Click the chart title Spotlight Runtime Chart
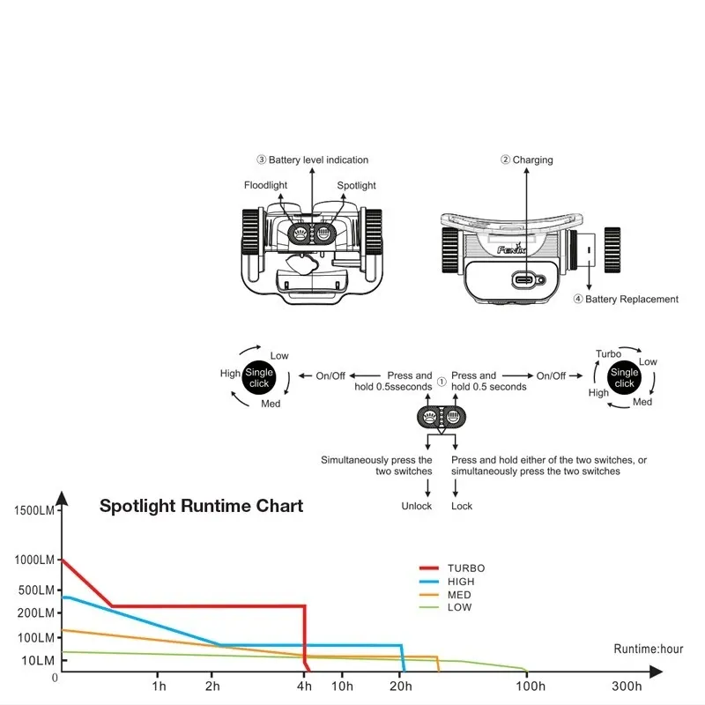(201, 506)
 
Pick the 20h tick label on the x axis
(399, 686)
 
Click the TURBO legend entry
(465, 568)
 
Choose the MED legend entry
(459, 595)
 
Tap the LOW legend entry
(459, 607)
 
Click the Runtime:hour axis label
(649, 649)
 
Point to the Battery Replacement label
(632, 299)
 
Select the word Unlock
(417, 507)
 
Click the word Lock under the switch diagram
(462, 507)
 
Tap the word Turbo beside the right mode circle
(608, 354)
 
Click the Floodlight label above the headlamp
(266, 185)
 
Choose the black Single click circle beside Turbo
(624, 378)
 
